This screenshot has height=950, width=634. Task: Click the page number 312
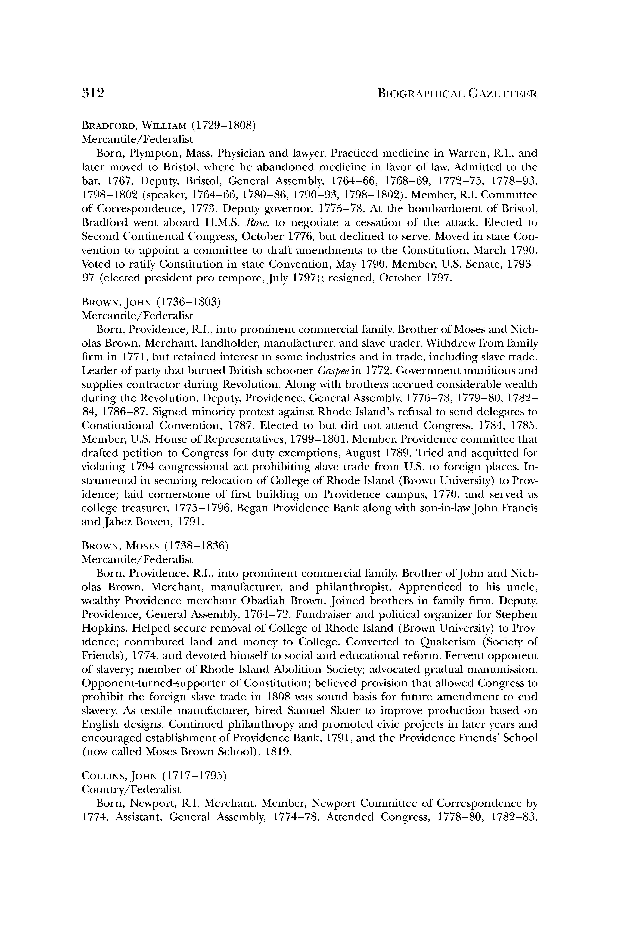[93, 94]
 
